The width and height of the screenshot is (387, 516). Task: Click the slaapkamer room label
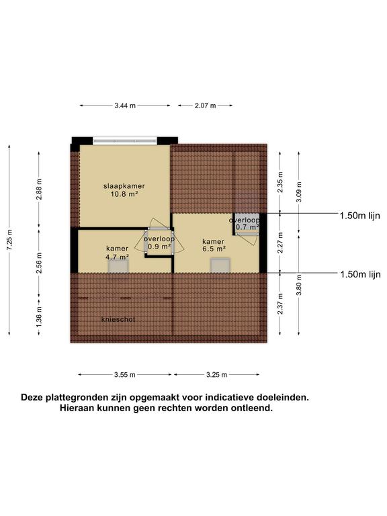(124, 186)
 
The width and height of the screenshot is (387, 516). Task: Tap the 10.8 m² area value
(124, 194)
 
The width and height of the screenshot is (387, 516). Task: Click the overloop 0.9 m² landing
(159, 243)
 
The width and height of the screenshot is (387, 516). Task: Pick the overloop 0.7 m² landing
(247, 224)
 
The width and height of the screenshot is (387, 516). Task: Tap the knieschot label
(118, 319)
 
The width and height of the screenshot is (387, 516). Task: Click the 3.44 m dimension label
(125, 105)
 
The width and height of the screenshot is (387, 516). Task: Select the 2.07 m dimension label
(206, 105)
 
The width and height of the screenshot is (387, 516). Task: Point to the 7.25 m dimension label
(9, 240)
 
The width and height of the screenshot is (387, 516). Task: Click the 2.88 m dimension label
(39, 189)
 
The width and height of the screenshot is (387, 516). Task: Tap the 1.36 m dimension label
(39, 316)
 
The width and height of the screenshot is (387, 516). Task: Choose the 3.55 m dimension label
(125, 374)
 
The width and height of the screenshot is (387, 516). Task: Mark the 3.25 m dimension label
(216, 374)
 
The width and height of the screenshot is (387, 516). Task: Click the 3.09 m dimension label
(299, 192)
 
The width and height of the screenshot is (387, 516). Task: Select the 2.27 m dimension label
(280, 243)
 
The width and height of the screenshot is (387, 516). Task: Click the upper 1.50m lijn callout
(359, 216)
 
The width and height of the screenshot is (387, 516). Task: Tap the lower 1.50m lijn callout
(360, 274)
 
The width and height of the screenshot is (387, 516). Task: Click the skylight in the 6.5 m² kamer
(220, 265)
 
